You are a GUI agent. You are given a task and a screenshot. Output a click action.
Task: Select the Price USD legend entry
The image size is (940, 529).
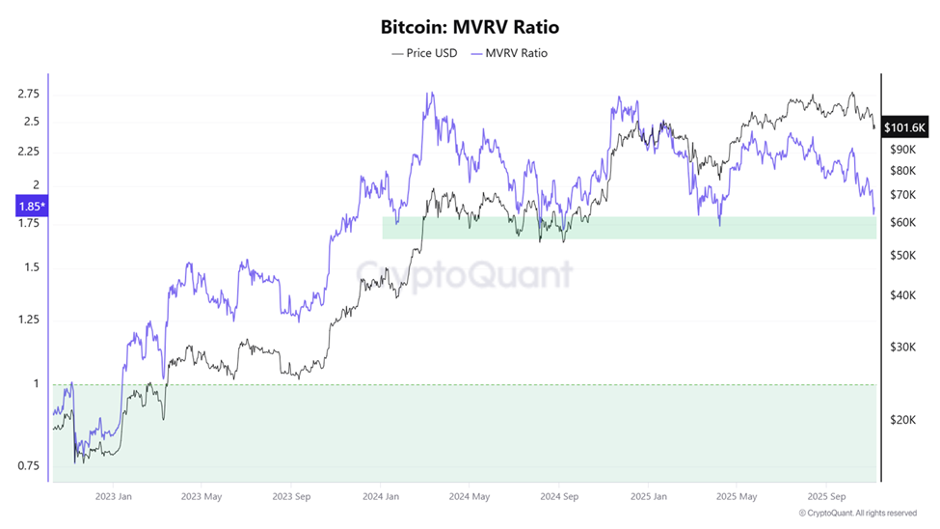424,53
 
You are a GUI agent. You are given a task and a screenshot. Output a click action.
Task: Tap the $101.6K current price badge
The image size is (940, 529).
904,127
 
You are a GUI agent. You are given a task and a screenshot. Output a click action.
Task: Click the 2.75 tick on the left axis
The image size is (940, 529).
28,94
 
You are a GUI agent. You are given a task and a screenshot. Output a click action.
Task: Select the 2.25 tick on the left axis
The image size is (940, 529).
28,152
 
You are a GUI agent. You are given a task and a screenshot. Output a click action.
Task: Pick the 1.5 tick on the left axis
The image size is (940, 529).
32,267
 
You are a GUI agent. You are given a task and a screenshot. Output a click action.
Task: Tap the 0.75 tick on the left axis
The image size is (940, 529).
28,465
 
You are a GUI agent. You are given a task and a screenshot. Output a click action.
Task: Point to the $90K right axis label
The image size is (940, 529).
902,150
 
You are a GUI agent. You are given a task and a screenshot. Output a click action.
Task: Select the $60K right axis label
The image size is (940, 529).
902,223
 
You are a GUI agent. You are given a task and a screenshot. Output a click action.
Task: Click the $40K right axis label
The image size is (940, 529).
902,295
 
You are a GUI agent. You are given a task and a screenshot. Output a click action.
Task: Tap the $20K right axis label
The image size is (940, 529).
902,420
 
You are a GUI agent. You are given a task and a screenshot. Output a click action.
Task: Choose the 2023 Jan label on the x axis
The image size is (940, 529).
113,497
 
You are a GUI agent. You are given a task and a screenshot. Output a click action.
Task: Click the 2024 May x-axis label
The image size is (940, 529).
470,497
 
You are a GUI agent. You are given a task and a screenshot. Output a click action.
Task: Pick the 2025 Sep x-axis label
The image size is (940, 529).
825,497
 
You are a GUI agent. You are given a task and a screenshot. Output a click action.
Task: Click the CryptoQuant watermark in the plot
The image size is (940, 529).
464,275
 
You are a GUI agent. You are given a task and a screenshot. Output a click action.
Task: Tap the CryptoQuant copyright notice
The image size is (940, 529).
858,513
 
